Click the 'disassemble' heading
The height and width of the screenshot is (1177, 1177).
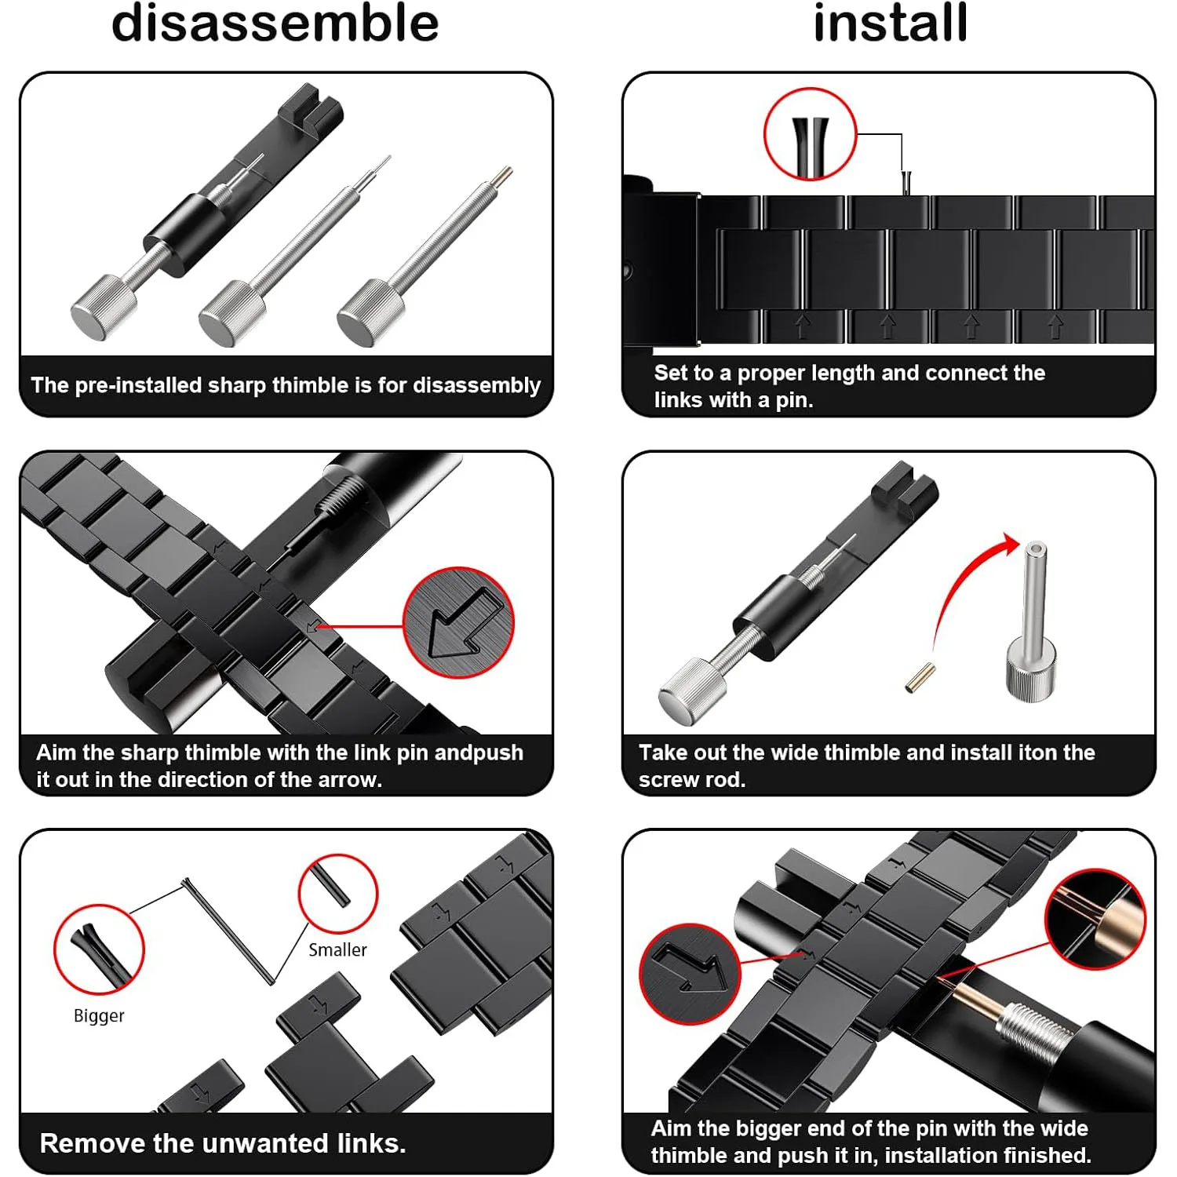pos(275,24)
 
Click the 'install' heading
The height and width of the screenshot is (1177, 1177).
pos(891,23)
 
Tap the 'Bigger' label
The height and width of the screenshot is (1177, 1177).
pos(99,1016)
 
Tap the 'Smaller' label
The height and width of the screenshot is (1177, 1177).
pos(337,950)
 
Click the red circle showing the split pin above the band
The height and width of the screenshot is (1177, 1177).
pos(810,134)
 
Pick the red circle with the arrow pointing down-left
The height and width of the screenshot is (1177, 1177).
pos(458,623)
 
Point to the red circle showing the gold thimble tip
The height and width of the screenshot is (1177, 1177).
pos(1095,919)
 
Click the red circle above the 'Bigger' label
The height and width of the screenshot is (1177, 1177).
pos(99,949)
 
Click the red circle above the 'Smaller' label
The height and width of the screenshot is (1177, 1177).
pos(338,894)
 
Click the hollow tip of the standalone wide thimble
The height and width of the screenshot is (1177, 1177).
pos(1036,548)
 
